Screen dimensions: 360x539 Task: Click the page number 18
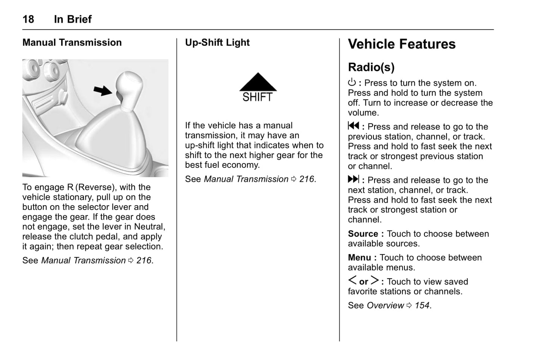coord(28,19)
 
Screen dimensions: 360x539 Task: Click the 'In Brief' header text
coord(73,19)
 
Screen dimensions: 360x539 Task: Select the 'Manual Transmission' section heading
coord(72,43)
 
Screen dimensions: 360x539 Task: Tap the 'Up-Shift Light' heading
coord(217,43)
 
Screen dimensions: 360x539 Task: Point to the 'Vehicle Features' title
coord(402,44)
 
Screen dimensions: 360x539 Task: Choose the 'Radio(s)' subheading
coord(371,68)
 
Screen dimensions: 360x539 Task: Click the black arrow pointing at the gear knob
coord(102,90)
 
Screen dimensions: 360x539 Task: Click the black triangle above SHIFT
coord(258,83)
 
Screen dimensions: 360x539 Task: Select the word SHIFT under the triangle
coord(257,97)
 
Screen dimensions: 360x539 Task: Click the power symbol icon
coord(352,82)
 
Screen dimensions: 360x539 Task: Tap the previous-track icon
coord(353,126)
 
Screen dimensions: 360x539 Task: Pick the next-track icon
coord(353,179)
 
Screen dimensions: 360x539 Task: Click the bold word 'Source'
coord(363,234)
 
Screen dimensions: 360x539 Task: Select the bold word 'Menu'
coord(359,258)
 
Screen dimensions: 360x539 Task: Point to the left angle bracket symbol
coord(352,281)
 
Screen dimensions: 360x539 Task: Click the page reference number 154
coord(422,306)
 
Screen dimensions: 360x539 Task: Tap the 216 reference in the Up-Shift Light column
coord(307,179)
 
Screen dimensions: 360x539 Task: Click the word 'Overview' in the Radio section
coord(385,306)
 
